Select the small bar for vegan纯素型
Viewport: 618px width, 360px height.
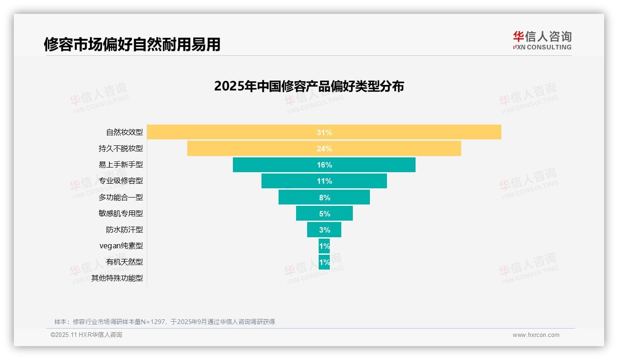pyautogui.click(x=324, y=246)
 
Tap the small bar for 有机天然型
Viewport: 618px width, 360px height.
pyautogui.click(x=324, y=262)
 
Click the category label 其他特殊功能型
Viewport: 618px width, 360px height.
pyautogui.click(x=117, y=278)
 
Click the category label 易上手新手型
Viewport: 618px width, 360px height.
pyautogui.click(x=121, y=165)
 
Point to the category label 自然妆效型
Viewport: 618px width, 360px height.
pyautogui.click(x=125, y=132)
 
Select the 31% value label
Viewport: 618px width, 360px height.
pyautogui.click(x=324, y=132)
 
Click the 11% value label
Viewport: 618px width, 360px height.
pyautogui.click(x=324, y=181)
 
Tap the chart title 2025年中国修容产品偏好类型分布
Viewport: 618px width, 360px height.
pyautogui.click(x=309, y=86)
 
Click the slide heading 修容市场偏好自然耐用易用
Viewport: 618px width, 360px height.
pyautogui.click(x=132, y=44)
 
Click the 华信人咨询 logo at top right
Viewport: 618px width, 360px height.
pyautogui.click(x=542, y=40)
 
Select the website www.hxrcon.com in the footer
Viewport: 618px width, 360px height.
pyautogui.click(x=536, y=335)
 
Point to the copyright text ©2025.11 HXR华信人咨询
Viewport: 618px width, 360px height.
pyautogui.click(x=86, y=335)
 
